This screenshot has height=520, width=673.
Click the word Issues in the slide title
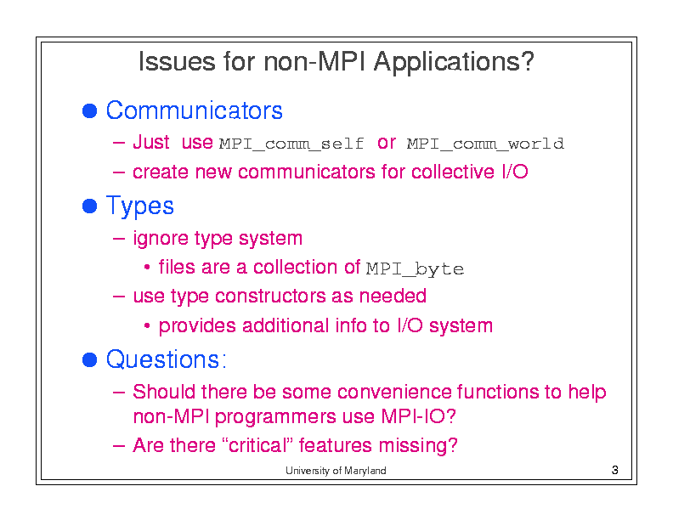(x=177, y=61)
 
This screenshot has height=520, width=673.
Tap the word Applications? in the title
(x=454, y=63)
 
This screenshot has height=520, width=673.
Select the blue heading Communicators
(x=195, y=110)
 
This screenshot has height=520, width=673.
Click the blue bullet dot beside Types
(x=90, y=206)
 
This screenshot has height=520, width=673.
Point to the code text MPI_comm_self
(x=291, y=144)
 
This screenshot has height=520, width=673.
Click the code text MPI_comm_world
(x=485, y=144)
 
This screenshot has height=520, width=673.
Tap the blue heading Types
(x=140, y=206)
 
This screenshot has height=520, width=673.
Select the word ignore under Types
(x=161, y=239)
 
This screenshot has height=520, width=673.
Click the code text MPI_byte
(x=415, y=269)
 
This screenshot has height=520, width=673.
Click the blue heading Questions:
(x=166, y=359)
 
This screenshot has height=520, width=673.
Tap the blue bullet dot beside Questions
(x=90, y=359)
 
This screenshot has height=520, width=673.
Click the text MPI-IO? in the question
(x=418, y=416)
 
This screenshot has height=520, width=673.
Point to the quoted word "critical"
(x=257, y=445)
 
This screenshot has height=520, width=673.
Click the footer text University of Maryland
(x=336, y=471)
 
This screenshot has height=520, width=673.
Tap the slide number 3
(x=614, y=470)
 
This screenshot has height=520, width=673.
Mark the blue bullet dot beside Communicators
(x=90, y=110)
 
